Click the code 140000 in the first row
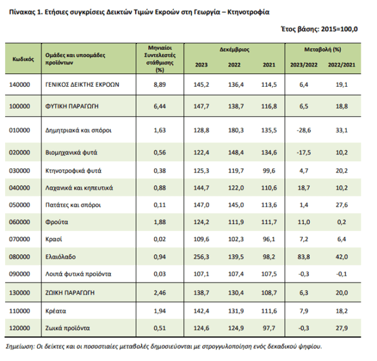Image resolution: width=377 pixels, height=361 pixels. tap(19, 85)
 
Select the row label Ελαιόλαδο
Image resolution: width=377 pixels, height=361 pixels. tap(60, 257)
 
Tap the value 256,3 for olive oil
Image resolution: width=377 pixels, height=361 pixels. tap(201, 257)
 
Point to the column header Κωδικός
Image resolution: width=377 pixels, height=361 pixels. tap(23, 59)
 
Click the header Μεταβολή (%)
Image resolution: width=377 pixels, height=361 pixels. tap(323, 50)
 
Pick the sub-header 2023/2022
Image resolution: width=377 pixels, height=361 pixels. tap(303, 65)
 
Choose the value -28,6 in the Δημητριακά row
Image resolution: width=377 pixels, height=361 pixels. tap(303, 130)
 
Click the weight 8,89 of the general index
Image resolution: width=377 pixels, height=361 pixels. tap(160, 85)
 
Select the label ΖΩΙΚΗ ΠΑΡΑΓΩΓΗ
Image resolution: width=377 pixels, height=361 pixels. tap(70, 293)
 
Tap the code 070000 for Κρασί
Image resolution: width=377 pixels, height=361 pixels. tap(19, 239)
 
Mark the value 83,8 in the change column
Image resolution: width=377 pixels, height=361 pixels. tap(303, 257)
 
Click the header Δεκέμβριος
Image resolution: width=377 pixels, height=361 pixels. tap(234, 50)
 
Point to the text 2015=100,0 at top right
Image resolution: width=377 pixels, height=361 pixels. tap(339, 29)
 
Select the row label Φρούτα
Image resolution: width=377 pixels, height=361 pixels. tap(57, 222)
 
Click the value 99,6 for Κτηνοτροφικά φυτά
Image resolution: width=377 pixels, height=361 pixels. tap(269, 171)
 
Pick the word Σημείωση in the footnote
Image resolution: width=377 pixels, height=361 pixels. tap(20, 347)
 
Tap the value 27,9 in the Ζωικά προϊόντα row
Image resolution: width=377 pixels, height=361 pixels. tap(342, 328)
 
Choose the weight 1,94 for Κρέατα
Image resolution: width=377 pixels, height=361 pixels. tap(160, 311)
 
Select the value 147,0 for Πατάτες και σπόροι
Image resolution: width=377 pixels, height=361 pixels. tap(201, 205)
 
